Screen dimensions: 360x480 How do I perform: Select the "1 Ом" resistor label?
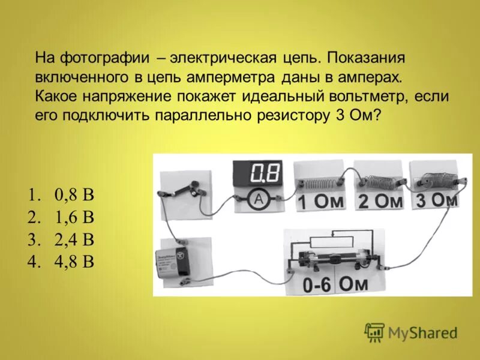click(x=322, y=202)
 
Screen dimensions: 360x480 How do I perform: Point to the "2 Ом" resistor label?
click(x=380, y=202)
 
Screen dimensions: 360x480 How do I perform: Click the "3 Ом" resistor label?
click(x=437, y=200)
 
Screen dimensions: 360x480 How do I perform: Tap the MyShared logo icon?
click(x=374, y=332)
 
